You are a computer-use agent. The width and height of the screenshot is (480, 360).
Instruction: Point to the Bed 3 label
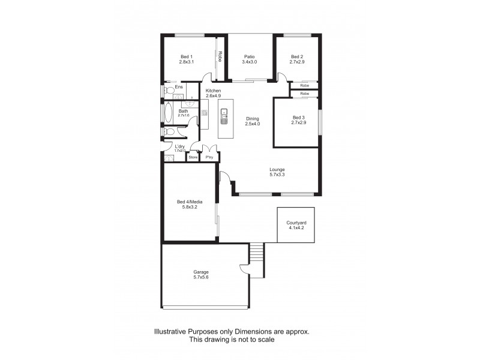pyautogui.click(x=298, y=120)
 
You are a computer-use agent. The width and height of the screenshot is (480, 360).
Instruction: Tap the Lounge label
pyautogui.click(x=277, y=173)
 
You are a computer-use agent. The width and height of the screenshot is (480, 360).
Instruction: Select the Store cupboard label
pyautogui.click(x=193, y=157)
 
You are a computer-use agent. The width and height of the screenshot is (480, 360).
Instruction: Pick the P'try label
pyautogui.click(x=209, y=157)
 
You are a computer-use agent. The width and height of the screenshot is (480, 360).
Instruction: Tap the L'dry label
pyautogui.click(x=179, y=148)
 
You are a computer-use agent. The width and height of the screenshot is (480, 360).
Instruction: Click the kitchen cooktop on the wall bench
pyautogui.click(x=205, y=112)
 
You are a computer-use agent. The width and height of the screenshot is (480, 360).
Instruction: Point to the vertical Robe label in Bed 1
pyautogui.click(x=220, y=57)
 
